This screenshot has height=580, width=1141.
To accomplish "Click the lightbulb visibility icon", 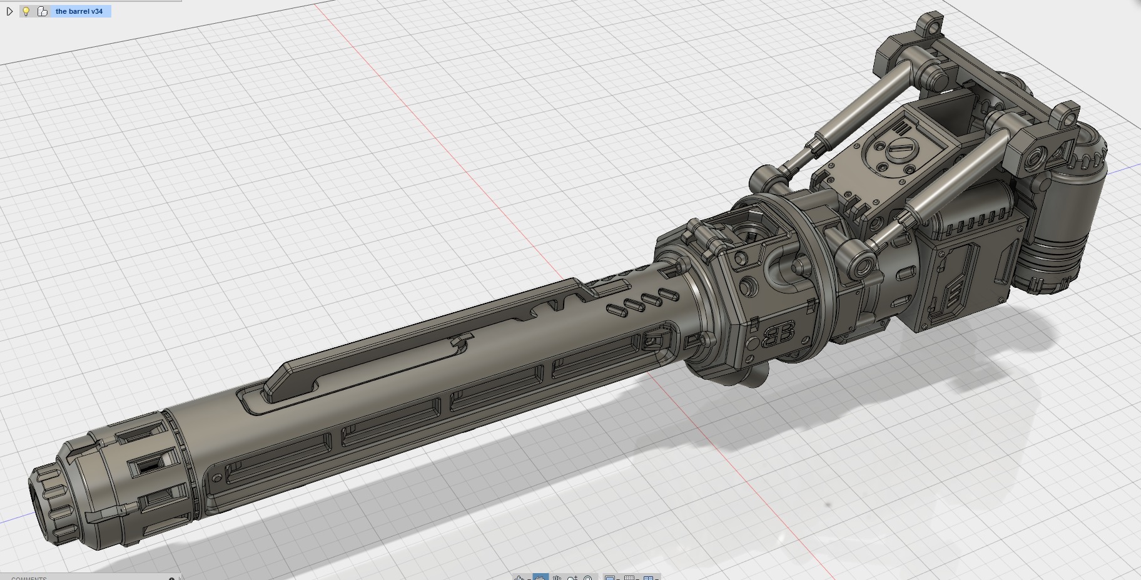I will point(26,11).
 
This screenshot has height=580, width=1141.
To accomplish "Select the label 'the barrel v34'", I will point(79,11).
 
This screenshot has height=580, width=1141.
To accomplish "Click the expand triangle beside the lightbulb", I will point(9,11).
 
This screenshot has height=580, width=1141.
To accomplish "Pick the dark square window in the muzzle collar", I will point(148,465).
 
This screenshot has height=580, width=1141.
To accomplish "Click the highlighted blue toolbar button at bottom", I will point(540,577).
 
